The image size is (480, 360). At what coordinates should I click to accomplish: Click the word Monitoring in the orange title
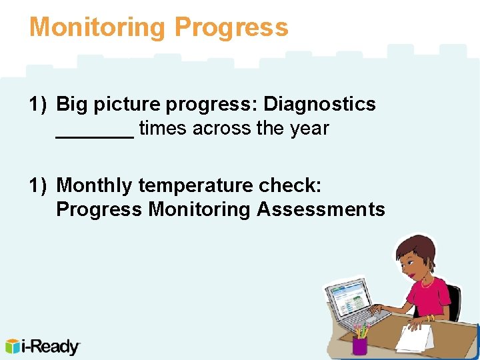(97, 27)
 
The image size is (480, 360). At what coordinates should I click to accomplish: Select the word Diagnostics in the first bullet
(320, 104)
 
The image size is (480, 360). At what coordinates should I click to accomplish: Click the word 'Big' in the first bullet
(71, 104)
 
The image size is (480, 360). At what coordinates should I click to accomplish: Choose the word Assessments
(321, 209)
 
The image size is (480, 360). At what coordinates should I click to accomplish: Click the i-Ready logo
(43, 347)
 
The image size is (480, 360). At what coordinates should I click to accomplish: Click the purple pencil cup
(360, 344)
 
